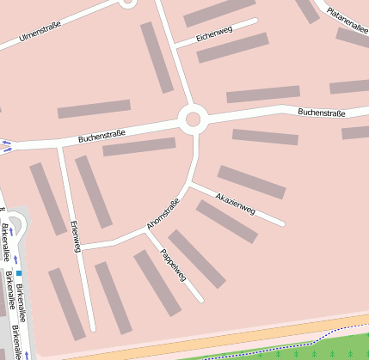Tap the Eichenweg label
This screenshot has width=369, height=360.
214,36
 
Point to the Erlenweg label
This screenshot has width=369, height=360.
74,235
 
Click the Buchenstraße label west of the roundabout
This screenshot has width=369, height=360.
101,135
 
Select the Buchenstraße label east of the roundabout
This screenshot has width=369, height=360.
321,112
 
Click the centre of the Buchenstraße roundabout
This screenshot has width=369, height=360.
193,119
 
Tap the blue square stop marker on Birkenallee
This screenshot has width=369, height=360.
19,272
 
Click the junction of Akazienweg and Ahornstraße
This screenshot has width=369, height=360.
190,183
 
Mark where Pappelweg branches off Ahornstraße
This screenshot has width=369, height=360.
142,231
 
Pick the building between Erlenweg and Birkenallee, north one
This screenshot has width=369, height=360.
48,198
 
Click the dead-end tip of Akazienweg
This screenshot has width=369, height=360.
282,224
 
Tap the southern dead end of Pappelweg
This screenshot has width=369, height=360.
201,301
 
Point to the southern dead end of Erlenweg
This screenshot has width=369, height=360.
92,329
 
